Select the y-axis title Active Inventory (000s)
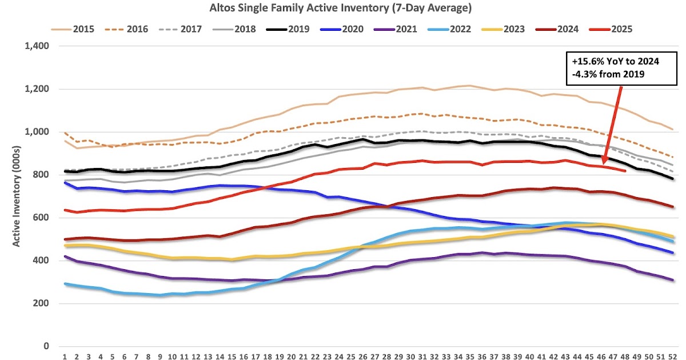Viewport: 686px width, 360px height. pyautogui.click(x=17, y=196)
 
